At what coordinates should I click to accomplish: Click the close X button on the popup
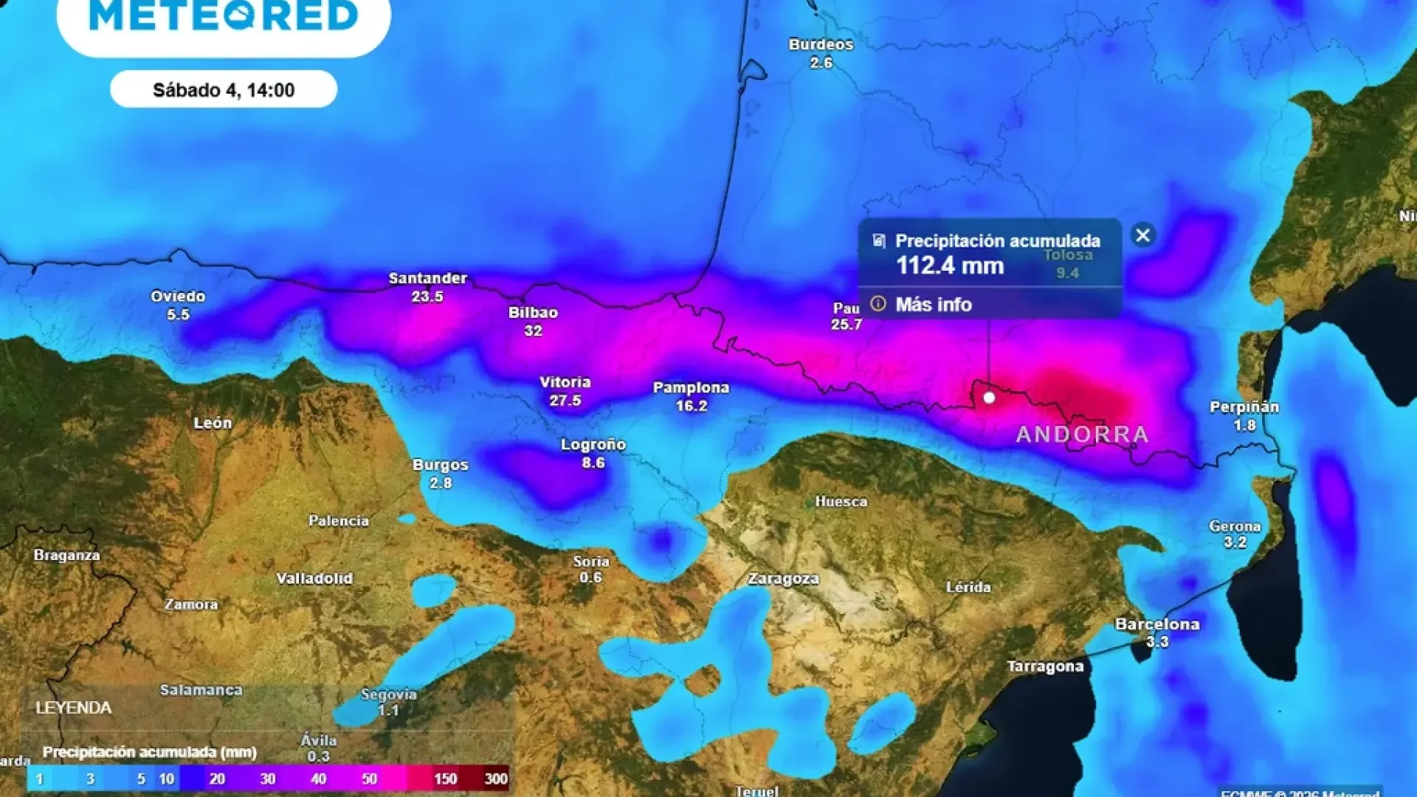point(1142,235)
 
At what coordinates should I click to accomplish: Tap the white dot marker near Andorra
point(989,398)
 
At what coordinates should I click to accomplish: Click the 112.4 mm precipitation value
point(950,266)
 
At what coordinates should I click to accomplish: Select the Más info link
point(933,304)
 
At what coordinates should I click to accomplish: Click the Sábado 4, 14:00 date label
point(224,90)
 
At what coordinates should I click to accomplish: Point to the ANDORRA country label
point(1082,435)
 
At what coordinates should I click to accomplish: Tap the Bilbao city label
point(533,313)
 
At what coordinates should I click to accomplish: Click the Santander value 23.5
point(427,297)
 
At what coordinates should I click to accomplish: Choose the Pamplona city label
point(691,387)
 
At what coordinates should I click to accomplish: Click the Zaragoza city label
point(783,579)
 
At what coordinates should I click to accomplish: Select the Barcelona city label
point(1156,624)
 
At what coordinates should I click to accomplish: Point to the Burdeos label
point(821,44)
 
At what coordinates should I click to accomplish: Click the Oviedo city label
point(178,297)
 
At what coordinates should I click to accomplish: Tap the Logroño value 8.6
point(593,463)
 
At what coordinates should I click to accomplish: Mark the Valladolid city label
point(314,579)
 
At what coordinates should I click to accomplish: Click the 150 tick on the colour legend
point(445,779)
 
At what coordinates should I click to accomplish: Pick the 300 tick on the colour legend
point(496,779)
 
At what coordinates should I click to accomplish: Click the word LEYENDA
point(74,708)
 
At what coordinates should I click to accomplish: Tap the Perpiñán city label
point(1244,407)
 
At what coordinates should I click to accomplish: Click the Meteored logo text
point(224,16)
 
